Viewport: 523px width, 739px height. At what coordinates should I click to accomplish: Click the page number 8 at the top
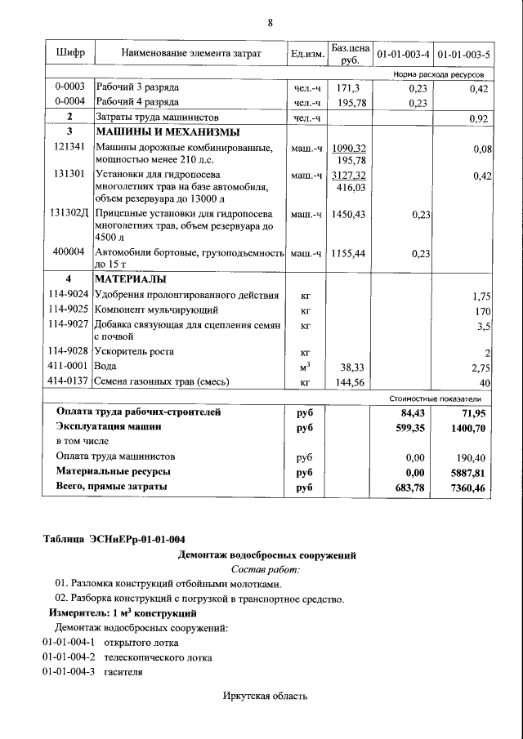click(x=270, y=23)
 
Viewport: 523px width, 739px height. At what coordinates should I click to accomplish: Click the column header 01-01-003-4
click(x=401, y=55)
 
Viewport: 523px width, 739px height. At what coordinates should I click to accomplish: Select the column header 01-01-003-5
click(x=463, y=55)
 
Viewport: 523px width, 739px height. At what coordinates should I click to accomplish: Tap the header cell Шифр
click(x=70, y=54)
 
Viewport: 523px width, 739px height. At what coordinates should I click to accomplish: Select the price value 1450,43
click(x=349, y=213)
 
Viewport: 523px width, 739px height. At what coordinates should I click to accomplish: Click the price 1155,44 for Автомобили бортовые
click(x=349, y=253)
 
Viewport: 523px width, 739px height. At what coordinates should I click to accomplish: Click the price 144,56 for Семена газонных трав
click(x=349, y=381)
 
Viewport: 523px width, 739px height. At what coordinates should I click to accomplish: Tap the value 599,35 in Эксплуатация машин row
click(x=409, y=426)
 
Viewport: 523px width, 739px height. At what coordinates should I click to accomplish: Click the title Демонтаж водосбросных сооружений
click(x=267, y=555)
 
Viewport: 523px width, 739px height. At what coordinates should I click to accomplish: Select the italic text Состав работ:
click(x=266, y=569)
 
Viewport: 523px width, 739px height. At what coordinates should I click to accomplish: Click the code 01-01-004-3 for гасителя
click(x=69, y=672)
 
